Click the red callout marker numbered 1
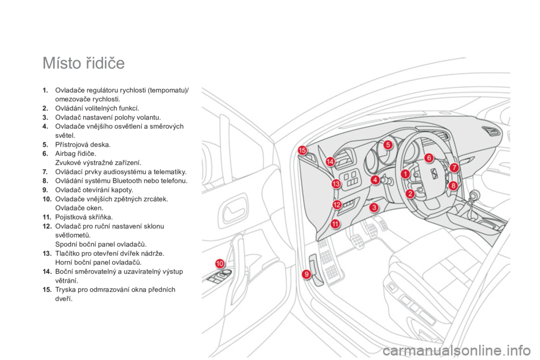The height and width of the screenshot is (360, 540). [406, 174]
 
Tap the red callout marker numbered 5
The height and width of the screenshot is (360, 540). [388, 145]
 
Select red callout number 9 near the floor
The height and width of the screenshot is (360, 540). [306, 274]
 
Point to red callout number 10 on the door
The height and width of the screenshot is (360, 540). [220, 264]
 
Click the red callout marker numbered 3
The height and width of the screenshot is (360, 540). [373, 208]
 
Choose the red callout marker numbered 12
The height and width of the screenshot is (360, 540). [337, 205]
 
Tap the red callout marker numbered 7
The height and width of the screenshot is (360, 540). [454, 168]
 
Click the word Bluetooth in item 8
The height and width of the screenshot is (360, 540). [127, 181]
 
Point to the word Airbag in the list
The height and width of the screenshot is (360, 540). [65, 154]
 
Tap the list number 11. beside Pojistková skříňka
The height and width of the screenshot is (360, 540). [47, 217]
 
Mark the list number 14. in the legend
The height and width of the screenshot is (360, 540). [47, 272]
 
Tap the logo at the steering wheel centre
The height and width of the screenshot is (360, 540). [434, 174]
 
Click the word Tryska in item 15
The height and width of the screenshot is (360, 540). [65, 290]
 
